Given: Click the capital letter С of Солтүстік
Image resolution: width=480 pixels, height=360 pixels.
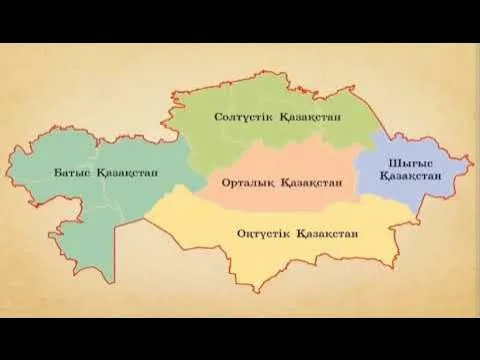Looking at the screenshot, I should coord(218,117).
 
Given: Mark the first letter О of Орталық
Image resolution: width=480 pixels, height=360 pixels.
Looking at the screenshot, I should coord(214,184).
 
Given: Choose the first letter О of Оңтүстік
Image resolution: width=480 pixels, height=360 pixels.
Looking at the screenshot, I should coord(241,234).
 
